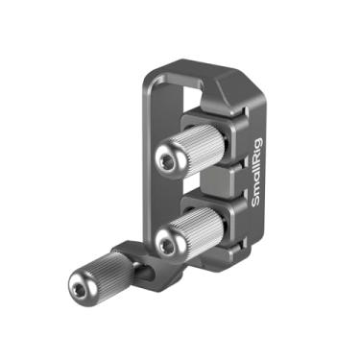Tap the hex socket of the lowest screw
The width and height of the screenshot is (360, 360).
77,284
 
